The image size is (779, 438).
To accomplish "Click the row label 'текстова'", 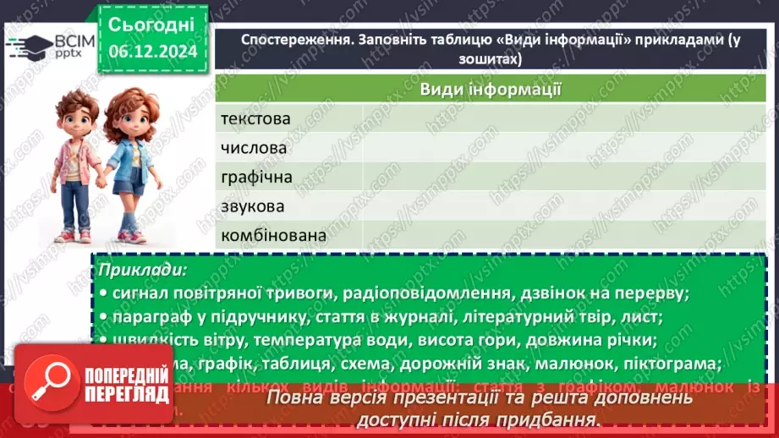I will (x=255, y=119).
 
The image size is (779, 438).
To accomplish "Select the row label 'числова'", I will (x=254, y=148).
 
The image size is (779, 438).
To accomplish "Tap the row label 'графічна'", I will (x=256, y=178).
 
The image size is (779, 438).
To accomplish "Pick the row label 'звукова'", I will (x=253, y=206).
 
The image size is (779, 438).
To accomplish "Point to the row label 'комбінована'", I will (x=273, y=236).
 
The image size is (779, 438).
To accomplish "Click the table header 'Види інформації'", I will (x=492, y=90).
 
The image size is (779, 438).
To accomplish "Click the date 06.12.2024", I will (x=153, y=52).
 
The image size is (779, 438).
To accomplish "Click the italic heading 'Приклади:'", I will (x=143, y=270).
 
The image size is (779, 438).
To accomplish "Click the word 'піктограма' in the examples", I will (x=672, y=364).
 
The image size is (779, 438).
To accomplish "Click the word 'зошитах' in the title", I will (x=486, y=60).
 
